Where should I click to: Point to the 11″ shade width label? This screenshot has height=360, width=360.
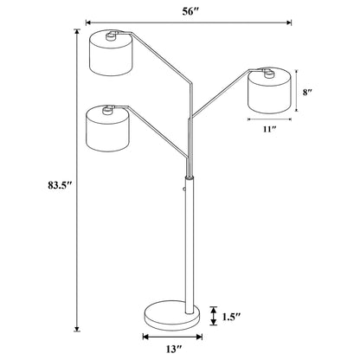point(268,129)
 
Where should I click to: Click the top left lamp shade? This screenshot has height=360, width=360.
point(112,55)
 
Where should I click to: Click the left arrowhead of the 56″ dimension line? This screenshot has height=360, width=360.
point(87,23)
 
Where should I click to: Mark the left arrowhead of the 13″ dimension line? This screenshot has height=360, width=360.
point(143,339)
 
